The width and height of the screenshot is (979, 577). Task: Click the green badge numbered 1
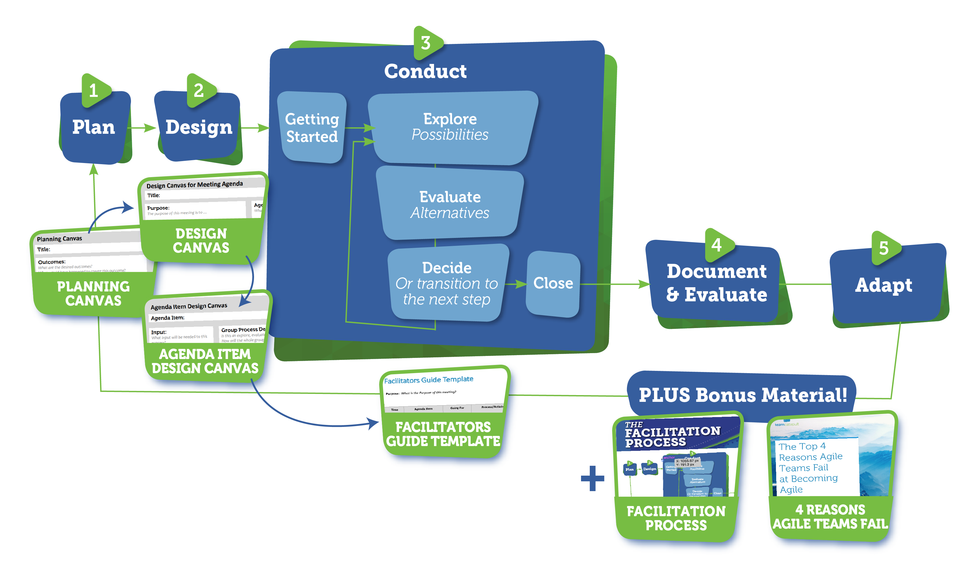pyautogui.click(x=94, y=90)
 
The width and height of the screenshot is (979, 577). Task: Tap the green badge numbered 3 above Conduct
pyautogui.click(x=426, y=43)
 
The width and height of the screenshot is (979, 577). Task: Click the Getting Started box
pyautogui.click(x=312, y=128)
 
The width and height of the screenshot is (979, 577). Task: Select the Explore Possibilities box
pyautogui.click(x=450, y=127)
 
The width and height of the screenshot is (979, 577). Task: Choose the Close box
pyautogui.click(x=553, y=283)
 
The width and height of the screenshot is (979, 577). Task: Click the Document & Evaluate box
pyautogui.click(x=716, y=283)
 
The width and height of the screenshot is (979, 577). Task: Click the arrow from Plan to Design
pyautogui.click(x=143, y=128)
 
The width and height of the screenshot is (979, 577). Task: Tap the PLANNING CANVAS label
pyautogui.click(x=93, y=293)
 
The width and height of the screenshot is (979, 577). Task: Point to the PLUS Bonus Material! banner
pyautogui.click(x=743, y=395)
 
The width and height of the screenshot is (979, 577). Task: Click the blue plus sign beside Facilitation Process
pyautogui.click(x=593, y=478)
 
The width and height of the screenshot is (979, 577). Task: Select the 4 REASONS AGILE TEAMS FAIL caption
pyautogui.click(x=830, y=517)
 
